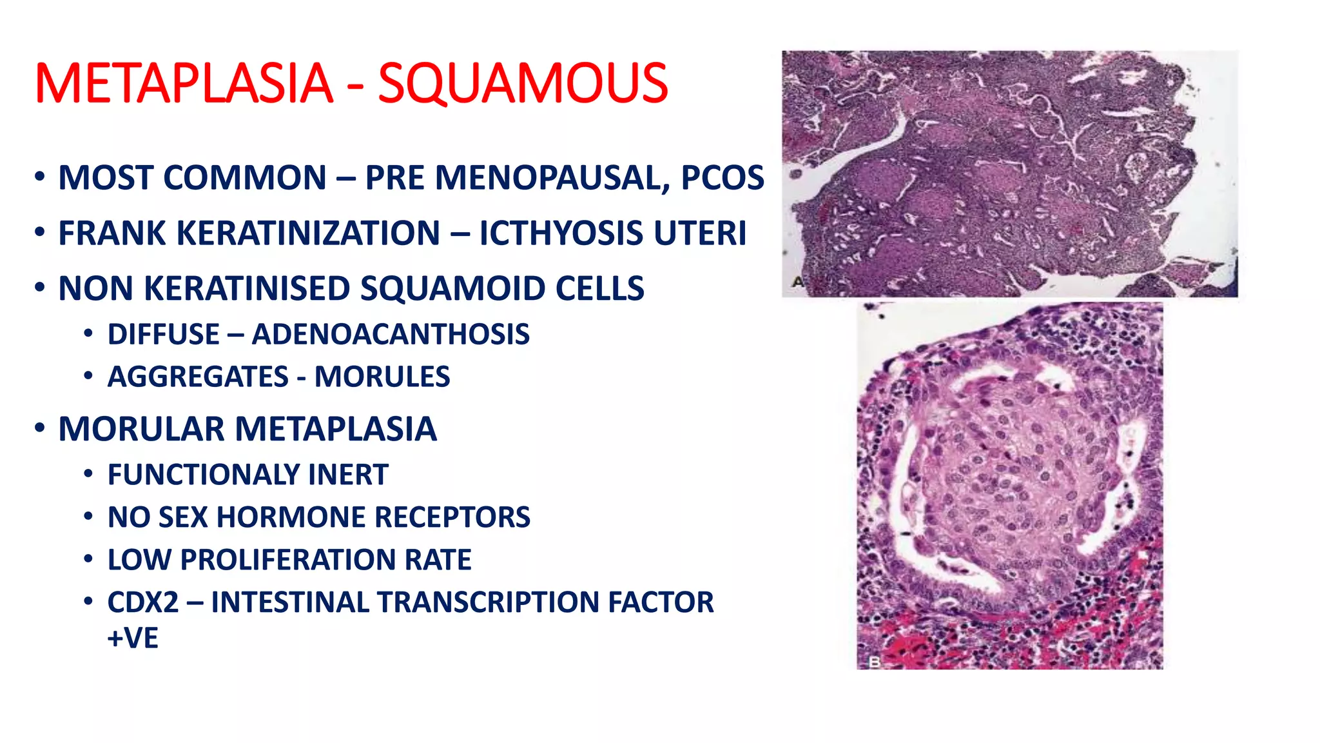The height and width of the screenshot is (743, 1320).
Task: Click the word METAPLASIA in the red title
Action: [x=184, y=83]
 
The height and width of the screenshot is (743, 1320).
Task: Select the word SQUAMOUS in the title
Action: [x=523, y=83]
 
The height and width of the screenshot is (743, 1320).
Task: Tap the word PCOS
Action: [x=723, y=178]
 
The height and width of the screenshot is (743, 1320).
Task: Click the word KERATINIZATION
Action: [x=308, y=233]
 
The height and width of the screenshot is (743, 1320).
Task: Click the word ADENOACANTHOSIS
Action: [x=391, y=335]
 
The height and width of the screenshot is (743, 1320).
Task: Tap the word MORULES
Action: [x=382, y=377]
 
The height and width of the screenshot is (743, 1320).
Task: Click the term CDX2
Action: [x=142, y=602]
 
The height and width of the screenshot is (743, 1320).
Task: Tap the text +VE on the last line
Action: [x=133, y=639]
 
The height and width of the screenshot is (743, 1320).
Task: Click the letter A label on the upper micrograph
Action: [x=797, y=282]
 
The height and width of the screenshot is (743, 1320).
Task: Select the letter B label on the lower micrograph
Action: [x=875, y=662]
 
